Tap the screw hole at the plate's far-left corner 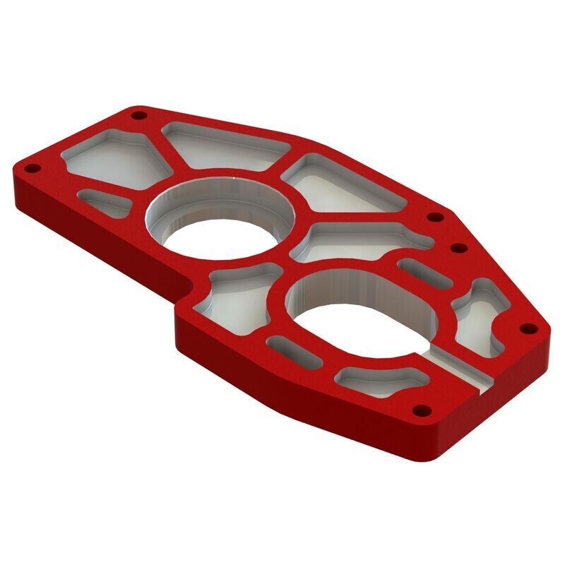(x=30, y=169)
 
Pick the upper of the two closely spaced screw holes (x=436, y=217)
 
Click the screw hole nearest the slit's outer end (x=422, y=409)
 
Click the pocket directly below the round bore (x=237, y=297)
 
